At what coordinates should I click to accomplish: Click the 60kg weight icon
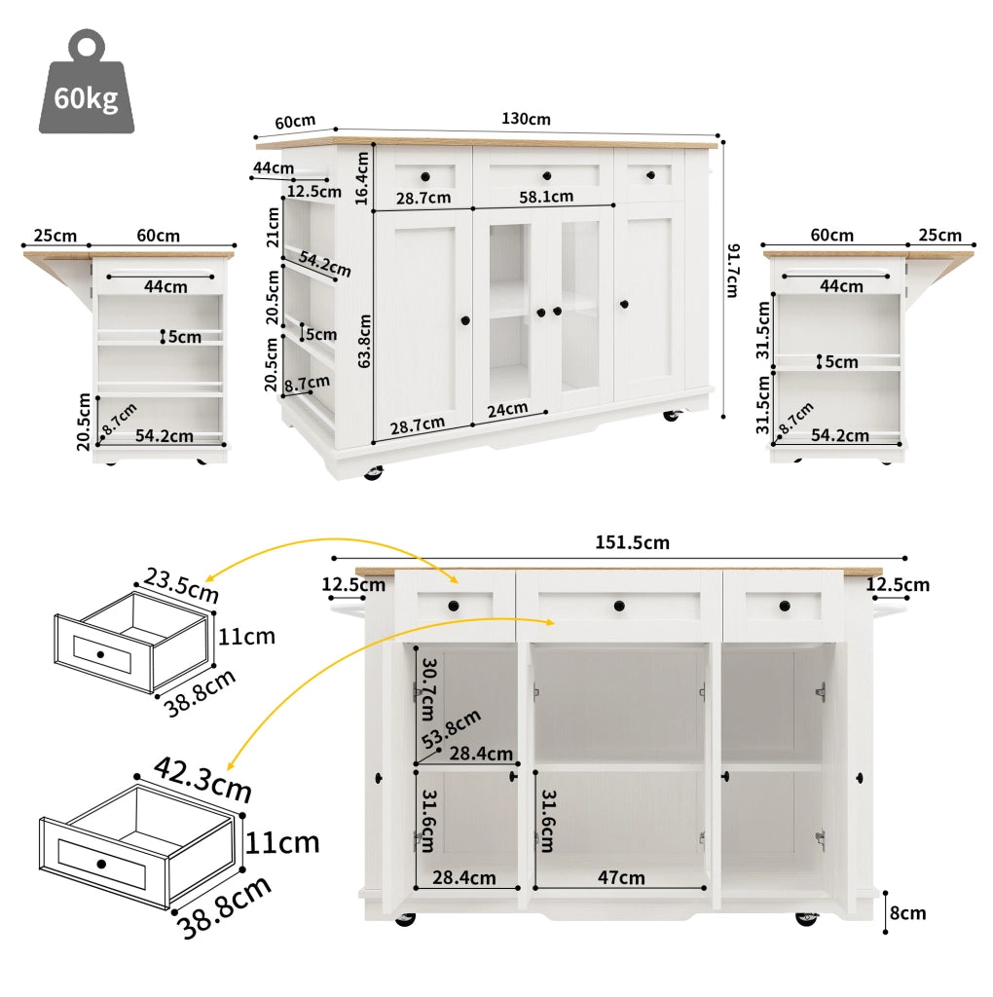tap(87, 83)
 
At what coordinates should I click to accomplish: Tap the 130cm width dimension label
tap(526, 119)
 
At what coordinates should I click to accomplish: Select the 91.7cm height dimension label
tap(732, 271)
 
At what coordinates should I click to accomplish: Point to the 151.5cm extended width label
tap(632, 542)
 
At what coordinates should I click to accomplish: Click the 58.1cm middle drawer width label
tap(546, 197)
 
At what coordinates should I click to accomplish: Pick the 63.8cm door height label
tap(364, 341)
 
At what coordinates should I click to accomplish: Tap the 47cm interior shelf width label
tap(621, 877)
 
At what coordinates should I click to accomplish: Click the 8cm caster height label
tap(907, 913)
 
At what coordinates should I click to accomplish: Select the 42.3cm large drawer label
tap(202, 779)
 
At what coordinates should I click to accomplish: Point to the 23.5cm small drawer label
tap(181, 585)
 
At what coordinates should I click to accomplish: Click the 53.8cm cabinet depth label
tap(451, 728)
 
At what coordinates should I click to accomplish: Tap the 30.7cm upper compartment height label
tap(429, 689)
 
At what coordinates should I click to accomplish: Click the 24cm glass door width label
tap(507, 410)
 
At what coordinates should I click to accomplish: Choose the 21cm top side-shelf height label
tap(273, 228)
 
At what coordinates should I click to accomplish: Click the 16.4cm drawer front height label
tap(362, 178)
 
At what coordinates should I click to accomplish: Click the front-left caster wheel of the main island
tap(373, 472)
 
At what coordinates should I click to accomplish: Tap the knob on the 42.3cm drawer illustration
tap(101, 864)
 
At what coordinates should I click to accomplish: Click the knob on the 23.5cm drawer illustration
tap(100, 654)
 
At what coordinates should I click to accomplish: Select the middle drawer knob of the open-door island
tap(619, 606)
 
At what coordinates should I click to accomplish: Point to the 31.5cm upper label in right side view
tap(763, 330)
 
